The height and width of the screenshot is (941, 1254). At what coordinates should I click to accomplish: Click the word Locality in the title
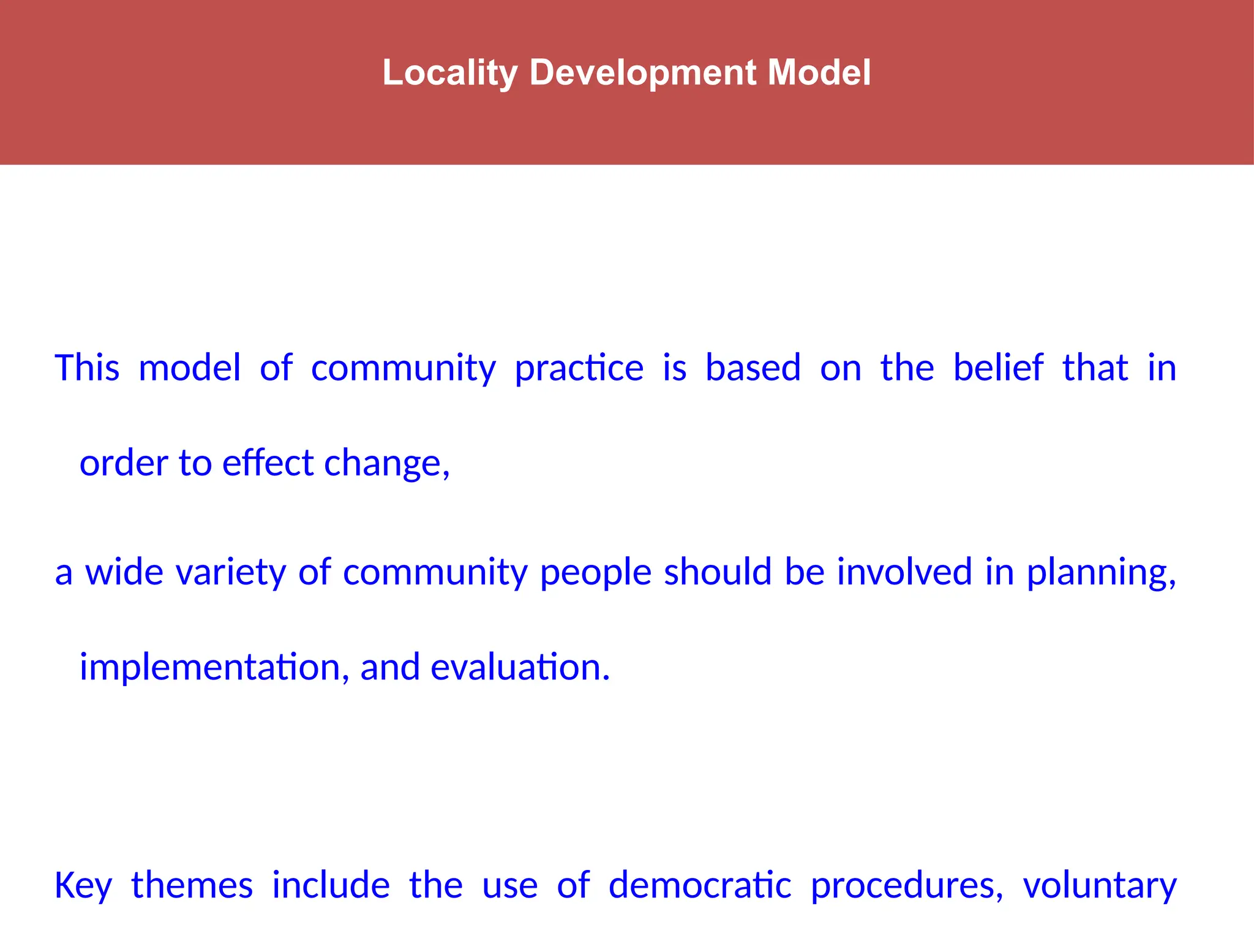point(450,73)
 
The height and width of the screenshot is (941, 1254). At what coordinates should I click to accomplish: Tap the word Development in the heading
point(642,73)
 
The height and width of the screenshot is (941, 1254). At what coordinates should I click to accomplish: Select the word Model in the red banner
point(819,73)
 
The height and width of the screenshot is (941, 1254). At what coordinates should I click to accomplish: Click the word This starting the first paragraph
point(87,368)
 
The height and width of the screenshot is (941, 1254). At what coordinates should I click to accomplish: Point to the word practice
point(579,368)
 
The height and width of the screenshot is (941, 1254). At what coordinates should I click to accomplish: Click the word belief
point(998,368)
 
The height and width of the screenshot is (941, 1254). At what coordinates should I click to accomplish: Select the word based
point(753,368)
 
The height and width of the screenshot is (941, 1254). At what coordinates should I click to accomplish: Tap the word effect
point(268,463)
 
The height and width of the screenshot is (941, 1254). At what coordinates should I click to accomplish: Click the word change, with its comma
point(387,464)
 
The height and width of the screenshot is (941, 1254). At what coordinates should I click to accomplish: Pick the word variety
point(230,572)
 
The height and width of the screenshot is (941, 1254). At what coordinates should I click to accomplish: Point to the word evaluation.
point(520,667)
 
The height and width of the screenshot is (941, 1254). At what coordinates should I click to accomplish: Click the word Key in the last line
point(83,886)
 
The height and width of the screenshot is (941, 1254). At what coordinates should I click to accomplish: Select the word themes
point(192,886)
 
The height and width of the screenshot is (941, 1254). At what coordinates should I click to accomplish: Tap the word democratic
point(699,886)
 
